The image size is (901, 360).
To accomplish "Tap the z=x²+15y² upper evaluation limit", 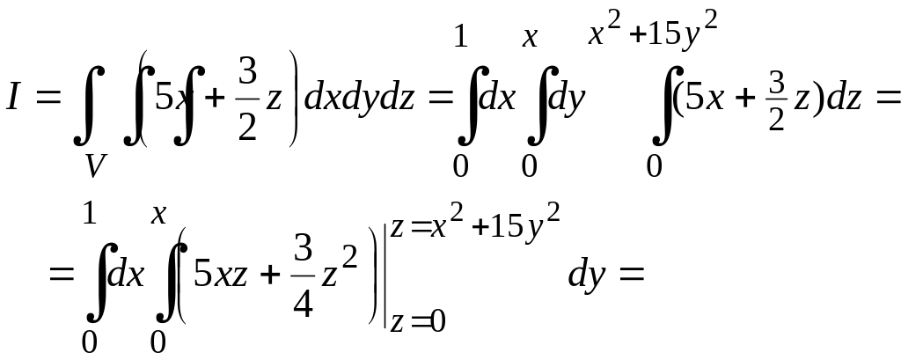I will click(x=475, y=227).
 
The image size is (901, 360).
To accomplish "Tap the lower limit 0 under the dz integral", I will click(x=653, y=165).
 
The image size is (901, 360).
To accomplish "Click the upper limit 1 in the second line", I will click(x=89, y=214).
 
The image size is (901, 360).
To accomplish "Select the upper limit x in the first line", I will click(x=530, y=38).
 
